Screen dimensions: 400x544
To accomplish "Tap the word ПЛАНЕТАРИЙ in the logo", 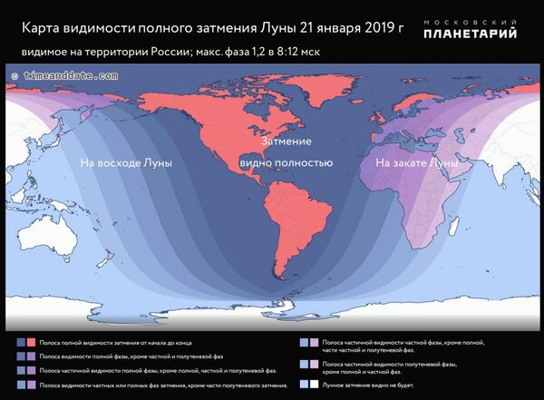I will coord(473,34).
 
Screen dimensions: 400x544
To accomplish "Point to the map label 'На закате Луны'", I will coord(410,162).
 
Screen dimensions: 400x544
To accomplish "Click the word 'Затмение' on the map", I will coord(287,142).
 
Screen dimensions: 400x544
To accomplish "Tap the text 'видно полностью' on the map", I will coord(287,162).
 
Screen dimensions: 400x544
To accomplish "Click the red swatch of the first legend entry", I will coord(32,342).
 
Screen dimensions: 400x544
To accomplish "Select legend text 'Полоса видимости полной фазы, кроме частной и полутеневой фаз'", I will coord(136,356).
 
